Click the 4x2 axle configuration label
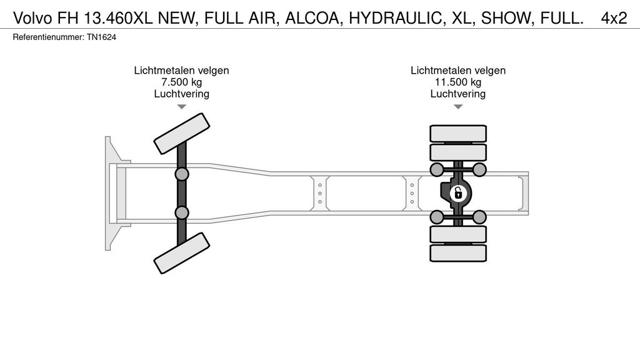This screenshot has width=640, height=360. pyautogui.click(x=614, y=18)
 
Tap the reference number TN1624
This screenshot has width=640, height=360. pyautogui.click(x=101, y=37)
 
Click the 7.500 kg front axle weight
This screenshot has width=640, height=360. pyautogui.click(x=182, y=82)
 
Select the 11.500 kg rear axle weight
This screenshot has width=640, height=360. pyautogui.click(x=458, y=82)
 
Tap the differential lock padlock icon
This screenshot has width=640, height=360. pyautogui.click(x=458, y=192)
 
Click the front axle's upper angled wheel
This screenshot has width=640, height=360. pyautogui.click(x=182, y=134)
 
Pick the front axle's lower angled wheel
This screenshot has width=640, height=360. pyautogui.click(x=182, y=253)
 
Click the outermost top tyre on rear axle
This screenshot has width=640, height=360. pyautogui.click(x=458, y=134)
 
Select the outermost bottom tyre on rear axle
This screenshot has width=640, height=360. pyautogui.click(x=458, y=253)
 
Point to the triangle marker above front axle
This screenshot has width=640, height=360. pyautogui.click(x=182, y=107)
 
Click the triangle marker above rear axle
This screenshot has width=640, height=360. pyautogui.click(x=458, y=107)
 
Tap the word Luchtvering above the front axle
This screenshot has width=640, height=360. pyautogui.click(x=182, y=94)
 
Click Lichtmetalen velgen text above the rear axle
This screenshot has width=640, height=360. pyautogui.click(x=458, y=70)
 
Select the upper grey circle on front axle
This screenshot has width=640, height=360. pyautogui.click(x=182, y=174)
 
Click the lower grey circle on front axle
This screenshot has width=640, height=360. pyautogui.click(x=182, y=212)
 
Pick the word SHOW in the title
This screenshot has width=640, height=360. pyautogui.click(x=506, y=18)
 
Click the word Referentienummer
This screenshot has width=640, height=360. pyautogui.click(x=48, y=37)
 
